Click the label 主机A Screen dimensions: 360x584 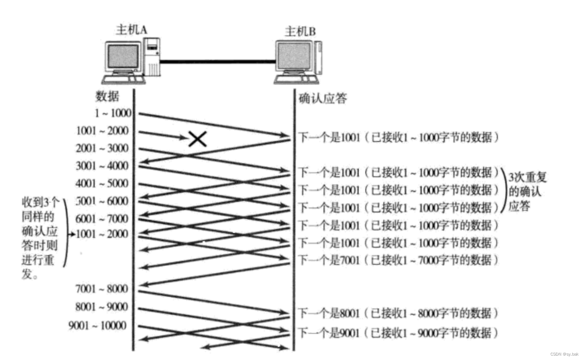click(x=131, y=30)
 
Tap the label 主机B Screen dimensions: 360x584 click(x=300, y=32)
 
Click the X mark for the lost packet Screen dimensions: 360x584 click(x=198, y=139)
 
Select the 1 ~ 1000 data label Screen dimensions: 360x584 click(x=113, y=113)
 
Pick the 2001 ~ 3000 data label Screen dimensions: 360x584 click(x=102, y=148)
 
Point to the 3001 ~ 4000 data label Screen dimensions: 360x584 click(x=102, y=166)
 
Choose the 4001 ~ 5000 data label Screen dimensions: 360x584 click(x=102, y=183)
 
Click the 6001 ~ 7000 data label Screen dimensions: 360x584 click(x=102, y=219)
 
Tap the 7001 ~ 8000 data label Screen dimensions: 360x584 click(x=102, y=289)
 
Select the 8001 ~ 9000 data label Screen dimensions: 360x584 click(x=102, y=307)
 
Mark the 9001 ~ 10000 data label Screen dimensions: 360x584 click(x=98, y=325)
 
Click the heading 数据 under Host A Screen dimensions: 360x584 click(x=107, y=96)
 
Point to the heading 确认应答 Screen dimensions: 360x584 click(x=323, y=98)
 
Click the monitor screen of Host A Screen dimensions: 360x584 click(x=123, y=57)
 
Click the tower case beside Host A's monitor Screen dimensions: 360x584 click(x=152, y=56)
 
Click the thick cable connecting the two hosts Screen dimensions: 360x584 click(x=217, y=62)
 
